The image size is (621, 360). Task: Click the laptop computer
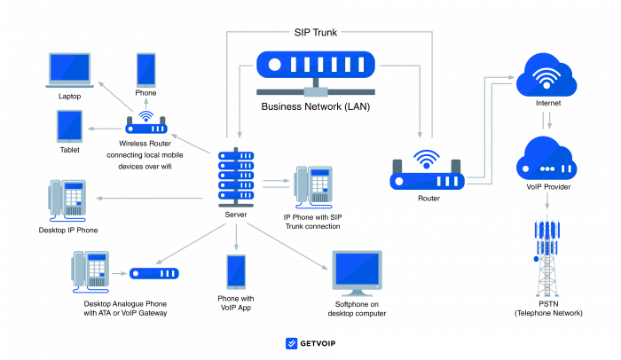coord(69,69)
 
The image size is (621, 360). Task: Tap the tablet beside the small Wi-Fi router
coord(69,126)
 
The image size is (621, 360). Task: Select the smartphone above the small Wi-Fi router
coord(145,70)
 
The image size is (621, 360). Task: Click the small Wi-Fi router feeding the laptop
coord(145,126)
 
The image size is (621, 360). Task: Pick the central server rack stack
coord(236,176)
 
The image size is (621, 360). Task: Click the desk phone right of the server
coord(314,186)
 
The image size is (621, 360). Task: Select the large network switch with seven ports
coord(316,65)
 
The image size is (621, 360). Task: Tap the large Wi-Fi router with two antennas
coord(427,176)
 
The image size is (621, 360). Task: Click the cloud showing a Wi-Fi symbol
coord(546,76)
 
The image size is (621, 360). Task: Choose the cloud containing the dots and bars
coord(546,161)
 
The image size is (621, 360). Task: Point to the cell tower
coord(546,257)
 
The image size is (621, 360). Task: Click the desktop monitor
coord(357,271)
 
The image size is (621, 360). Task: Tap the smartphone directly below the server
coord(236,271)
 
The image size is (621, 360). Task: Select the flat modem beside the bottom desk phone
coord(154,273)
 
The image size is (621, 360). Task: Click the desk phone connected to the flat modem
coord(90,270)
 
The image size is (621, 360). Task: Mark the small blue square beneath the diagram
coord(292,343)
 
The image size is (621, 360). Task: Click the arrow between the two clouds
coord(546,120)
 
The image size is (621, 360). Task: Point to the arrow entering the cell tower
coord(546,201)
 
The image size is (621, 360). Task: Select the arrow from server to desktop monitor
coord(287,245)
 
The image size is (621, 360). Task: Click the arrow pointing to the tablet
coord(106,129)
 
